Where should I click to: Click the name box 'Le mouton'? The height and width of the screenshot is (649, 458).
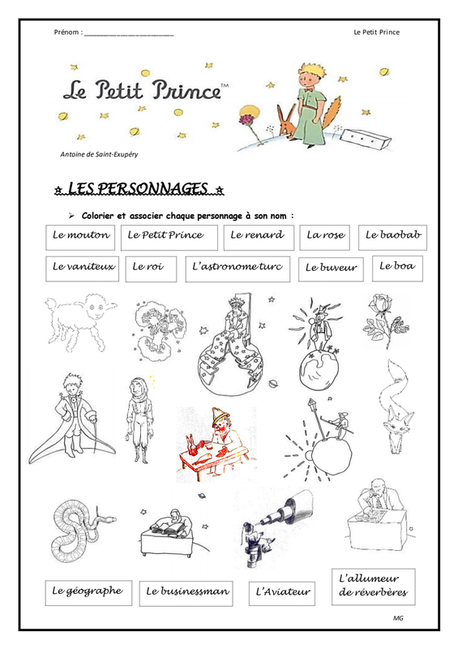point(81,236)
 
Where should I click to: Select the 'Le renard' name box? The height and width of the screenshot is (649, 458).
point(257,236)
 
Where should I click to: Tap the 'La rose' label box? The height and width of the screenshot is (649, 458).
point(325,236)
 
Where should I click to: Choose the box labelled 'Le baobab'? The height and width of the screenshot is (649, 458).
point(393,235)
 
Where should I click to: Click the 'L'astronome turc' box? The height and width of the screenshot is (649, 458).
point(238,268)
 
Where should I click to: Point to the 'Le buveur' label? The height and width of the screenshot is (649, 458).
point(332,269)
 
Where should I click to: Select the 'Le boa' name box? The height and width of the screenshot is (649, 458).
point(397,266)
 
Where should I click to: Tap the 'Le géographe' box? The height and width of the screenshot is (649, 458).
point(87,591)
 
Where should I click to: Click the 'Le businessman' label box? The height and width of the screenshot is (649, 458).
point(188,592)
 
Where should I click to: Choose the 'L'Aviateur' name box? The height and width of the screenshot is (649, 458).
point(283,593)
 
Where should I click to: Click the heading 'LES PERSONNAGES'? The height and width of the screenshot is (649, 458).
point(138,190)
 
